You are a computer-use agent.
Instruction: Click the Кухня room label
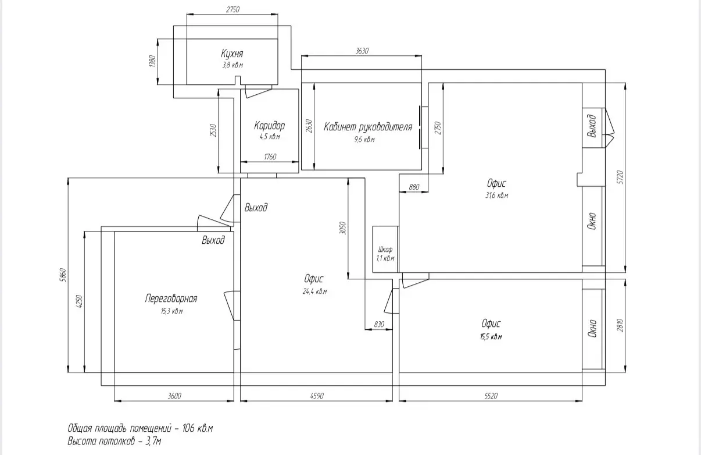pos(232,54)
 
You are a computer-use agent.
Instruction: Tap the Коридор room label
pos(270,126)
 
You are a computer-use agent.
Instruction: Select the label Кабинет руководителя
pos(368,127)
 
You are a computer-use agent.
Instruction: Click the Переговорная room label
pos(171,298)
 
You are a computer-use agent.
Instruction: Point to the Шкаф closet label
pos(385,250)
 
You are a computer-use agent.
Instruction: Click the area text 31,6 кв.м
pos(496,195)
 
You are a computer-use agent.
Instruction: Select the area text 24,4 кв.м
pos(315,292)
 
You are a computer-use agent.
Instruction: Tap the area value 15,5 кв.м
pos(491,337)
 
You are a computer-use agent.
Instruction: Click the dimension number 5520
pos(491,396)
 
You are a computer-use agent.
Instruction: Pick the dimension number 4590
pos(317,396)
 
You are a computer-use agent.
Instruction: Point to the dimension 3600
pos(174,396)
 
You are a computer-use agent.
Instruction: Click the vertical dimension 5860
pos(63,275)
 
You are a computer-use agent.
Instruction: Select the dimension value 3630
pos(362,51)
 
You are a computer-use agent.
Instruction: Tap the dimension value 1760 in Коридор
pos(270,157)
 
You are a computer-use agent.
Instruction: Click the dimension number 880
pos(414,187)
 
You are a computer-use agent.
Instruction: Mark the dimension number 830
pos(379,324)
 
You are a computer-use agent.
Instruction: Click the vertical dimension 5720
pos(620,177)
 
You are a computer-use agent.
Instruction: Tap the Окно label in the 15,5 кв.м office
pos(592,328)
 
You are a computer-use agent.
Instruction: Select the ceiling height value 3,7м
pos(153,441)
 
